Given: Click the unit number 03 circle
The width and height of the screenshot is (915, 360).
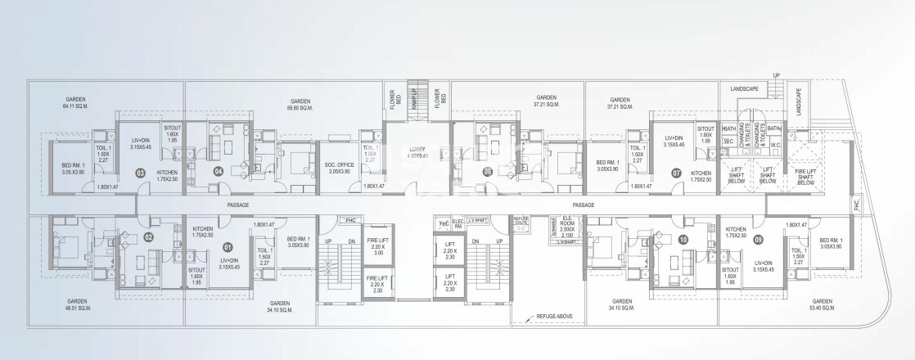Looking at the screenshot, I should tap(141, 173).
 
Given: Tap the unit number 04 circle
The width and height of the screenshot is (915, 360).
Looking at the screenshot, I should tap(219, 172).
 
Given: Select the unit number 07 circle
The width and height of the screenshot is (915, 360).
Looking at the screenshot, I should tap(677, 173).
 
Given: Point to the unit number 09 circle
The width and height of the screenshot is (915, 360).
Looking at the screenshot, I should tap(759, 240).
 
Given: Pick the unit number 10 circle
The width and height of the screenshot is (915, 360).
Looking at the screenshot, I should tap(683, 240).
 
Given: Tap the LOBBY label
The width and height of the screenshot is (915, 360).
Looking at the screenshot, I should tap(418, 151).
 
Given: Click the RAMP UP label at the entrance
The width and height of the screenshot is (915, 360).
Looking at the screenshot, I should tap(414, 97).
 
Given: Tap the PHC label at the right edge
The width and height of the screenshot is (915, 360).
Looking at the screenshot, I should tap(857, 208).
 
